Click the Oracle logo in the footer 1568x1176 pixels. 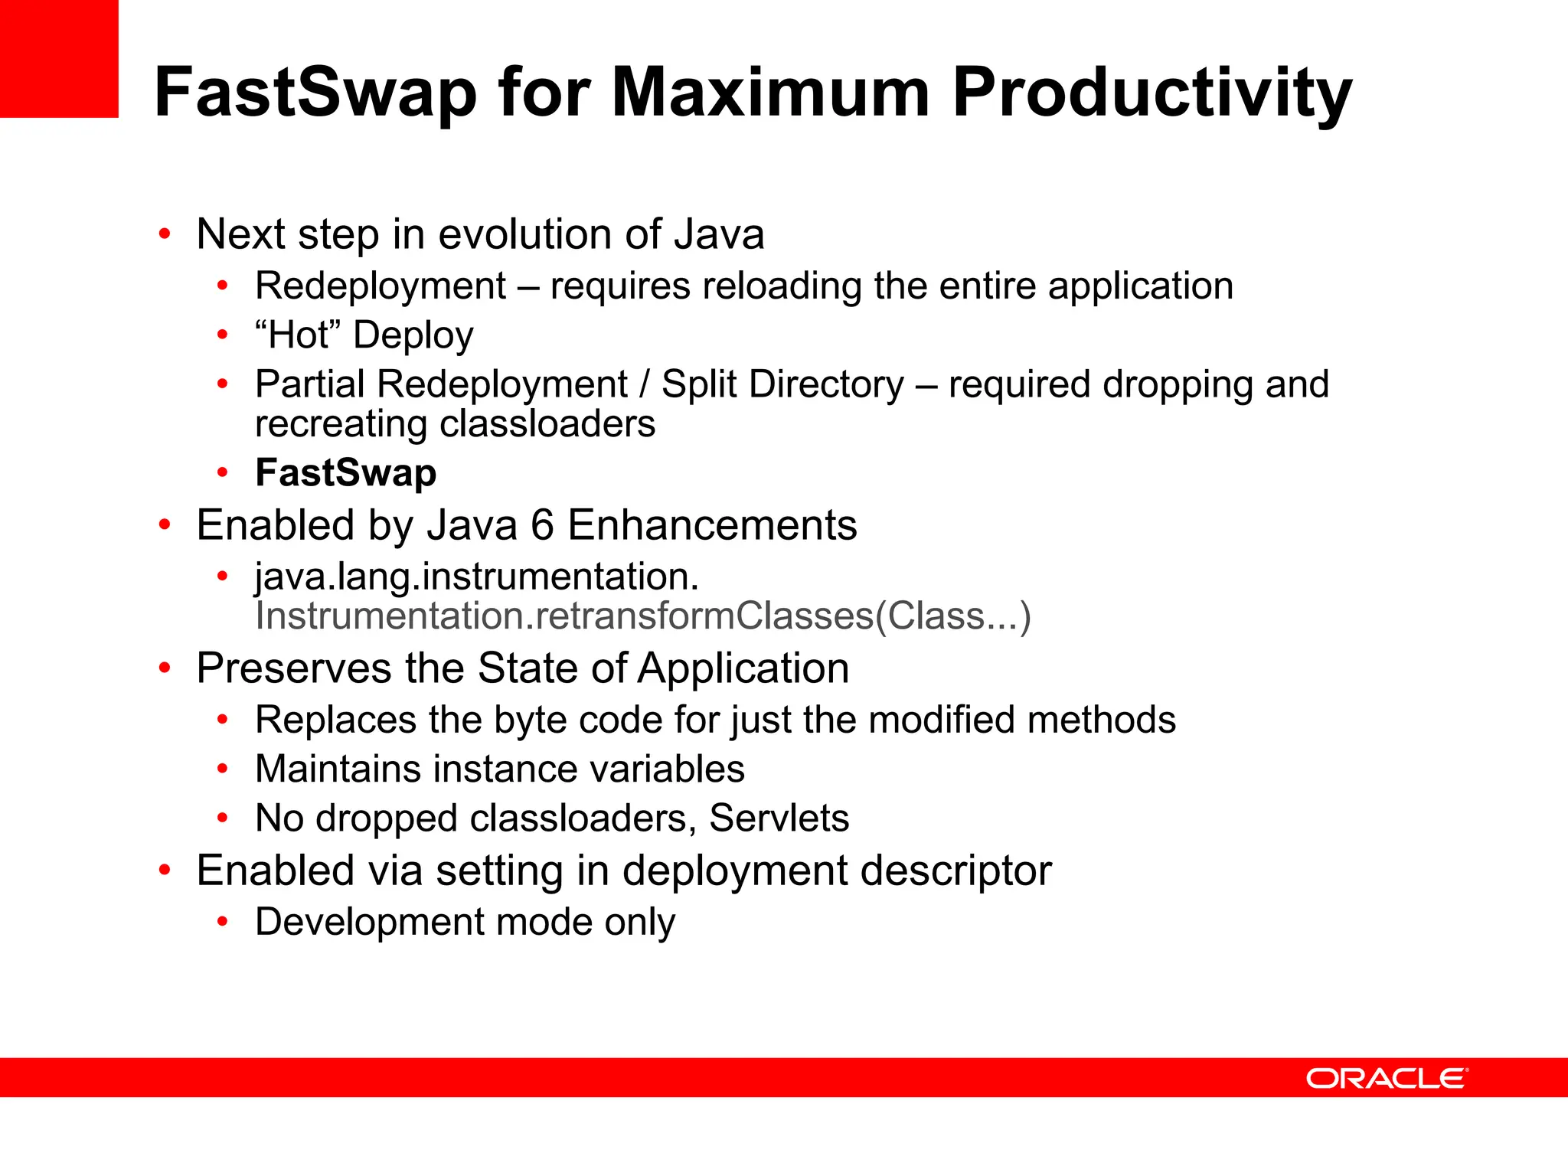(x=1386, y=1079)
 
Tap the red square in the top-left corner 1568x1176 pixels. (x=59, y=58)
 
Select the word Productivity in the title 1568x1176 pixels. (x=1151, y=92)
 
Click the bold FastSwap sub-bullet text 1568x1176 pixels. (x=345, y=472)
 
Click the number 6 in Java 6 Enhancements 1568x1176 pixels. (x=542, y=525)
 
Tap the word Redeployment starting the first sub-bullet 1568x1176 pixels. (x=381, y=286)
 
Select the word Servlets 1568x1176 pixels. (x=779, y=818)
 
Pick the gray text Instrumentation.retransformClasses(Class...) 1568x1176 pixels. (x=643, y=616)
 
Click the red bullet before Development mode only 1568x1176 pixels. (x=222, y=921)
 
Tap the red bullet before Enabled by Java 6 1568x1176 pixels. (x=164, y=525)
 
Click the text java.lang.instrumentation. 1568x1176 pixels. (x=476, y=576)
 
